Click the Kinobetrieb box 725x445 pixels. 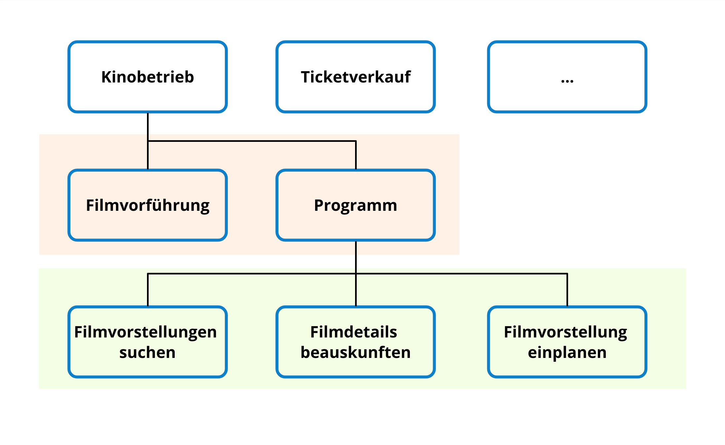(x=147, y=92)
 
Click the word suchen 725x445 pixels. (x=147, y=353)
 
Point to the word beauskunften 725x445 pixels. (x=355, y=353)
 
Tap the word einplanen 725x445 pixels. (x=567, y=353)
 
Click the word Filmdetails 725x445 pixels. (x=353, y=332)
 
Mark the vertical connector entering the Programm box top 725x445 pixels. (x=356, y=155)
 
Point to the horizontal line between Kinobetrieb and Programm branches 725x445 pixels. (x=251, y=141)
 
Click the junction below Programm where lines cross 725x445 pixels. (x=356, y=273)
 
